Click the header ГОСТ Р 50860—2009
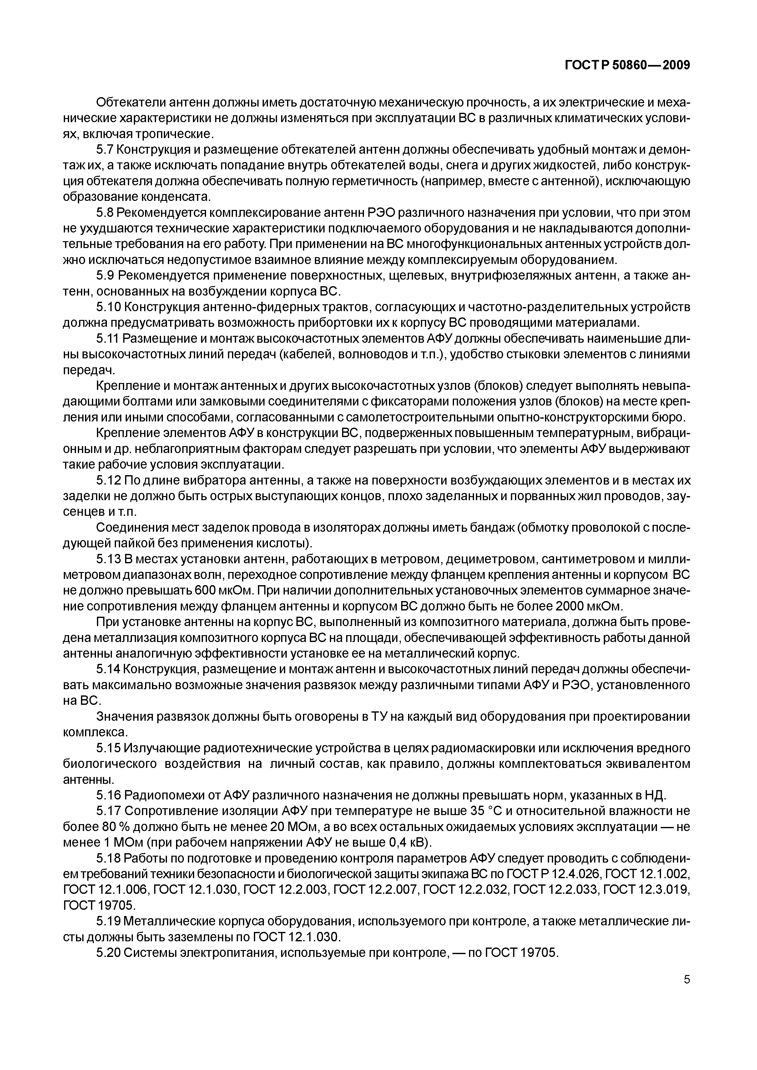click(627, 66)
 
